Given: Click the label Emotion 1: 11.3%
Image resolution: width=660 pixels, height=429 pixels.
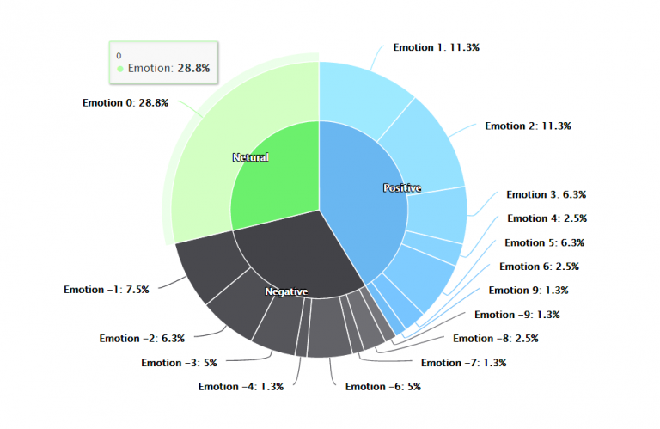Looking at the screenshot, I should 436,48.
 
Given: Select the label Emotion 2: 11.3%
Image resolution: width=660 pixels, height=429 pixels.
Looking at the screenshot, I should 528,126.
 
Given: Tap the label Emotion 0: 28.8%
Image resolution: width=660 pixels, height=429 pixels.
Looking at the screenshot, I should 125,102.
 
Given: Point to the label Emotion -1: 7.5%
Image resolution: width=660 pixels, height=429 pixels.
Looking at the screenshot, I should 106,290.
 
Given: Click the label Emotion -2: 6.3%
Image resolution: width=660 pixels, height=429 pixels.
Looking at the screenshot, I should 142,338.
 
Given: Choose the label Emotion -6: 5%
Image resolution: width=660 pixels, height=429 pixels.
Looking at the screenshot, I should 382,387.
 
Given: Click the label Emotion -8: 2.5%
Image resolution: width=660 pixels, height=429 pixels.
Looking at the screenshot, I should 495,339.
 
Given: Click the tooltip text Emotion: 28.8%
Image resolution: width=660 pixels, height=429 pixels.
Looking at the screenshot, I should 168,68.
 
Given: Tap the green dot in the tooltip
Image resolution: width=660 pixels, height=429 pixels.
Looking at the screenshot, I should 120,68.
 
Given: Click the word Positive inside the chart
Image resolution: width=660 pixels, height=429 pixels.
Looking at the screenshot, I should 401,187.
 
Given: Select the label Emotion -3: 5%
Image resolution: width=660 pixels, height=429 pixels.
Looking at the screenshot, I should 179,363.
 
